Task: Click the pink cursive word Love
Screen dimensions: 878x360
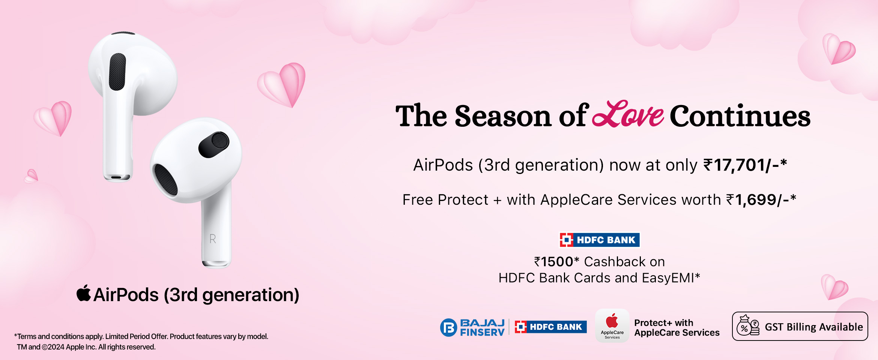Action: pos(628,114)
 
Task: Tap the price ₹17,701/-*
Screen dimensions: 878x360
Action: pos(745,165)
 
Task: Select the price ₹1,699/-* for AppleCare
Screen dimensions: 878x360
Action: pos(761,200)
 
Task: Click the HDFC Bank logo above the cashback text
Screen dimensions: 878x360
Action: pos(600,240)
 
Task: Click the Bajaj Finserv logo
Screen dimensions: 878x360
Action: pos(472,327)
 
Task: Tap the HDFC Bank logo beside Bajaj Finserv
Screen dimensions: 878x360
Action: pos(550,327)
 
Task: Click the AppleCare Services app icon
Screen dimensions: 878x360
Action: pos(612,325)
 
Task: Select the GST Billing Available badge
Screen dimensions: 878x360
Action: pos(800,326)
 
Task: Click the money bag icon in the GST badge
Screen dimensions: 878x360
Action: pos(748,325)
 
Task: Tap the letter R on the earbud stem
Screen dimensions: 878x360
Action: pos(213,239)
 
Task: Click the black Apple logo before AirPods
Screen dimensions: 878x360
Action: pos(84,293)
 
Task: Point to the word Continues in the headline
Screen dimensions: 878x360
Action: pos(740,116)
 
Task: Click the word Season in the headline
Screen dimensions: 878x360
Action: pos(503,116)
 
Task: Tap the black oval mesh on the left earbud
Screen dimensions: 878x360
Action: pos(117,72)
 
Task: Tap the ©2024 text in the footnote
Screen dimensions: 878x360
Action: pos(53,347)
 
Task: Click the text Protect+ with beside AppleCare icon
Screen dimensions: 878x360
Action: pos(664,322)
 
